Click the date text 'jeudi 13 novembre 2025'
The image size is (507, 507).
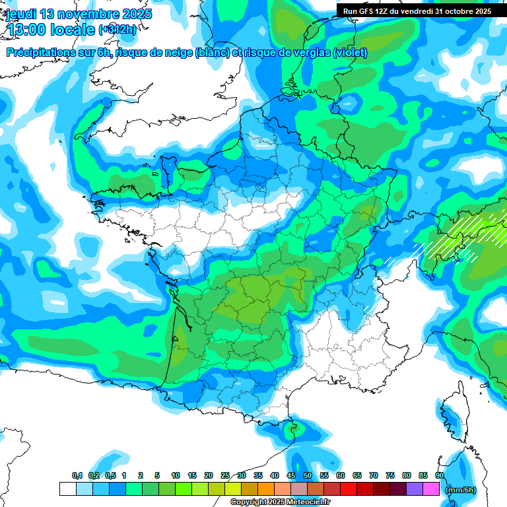coord(78,14)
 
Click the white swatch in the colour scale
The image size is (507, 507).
coord(67,489)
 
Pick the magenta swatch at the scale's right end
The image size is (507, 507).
coord(431,489)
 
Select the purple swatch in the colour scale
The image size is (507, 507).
coord(415,489)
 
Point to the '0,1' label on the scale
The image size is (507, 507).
coord(77,476)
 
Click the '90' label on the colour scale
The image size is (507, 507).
coord(440,476)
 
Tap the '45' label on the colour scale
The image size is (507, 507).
coord(291,476)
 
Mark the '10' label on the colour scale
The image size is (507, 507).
coord(176,476)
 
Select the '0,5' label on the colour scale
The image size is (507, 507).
coord(110,476)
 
